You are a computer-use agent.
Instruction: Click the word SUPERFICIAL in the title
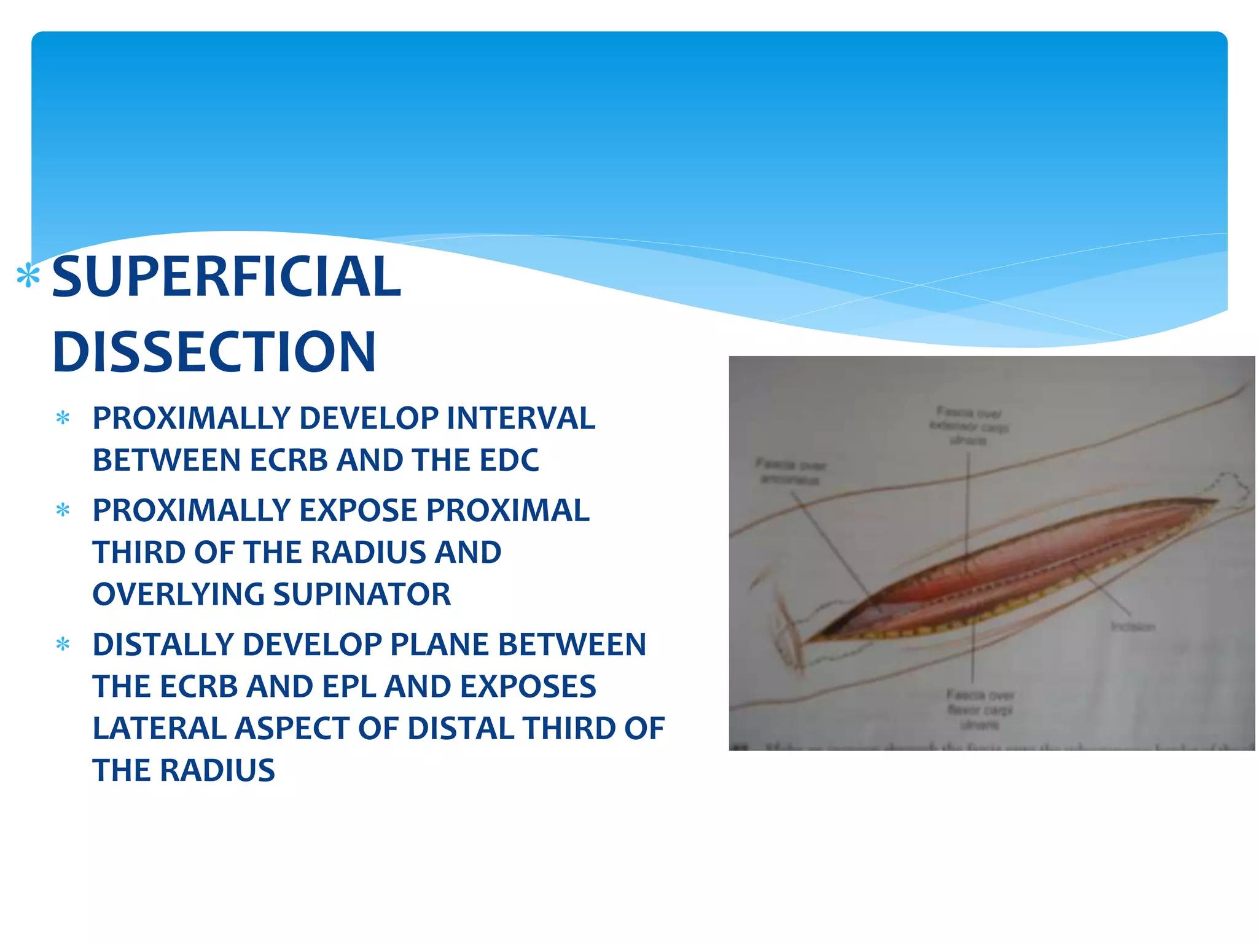click(x=226, y=277)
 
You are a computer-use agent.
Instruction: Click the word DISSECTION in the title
click(x=214, y=352)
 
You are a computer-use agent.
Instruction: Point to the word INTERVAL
click(x=521, y=418)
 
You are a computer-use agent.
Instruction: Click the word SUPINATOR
click(x=362, y=594)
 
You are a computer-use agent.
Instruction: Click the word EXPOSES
click(x=528, y=686)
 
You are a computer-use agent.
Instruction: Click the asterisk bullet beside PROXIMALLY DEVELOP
click(x=63, y=419)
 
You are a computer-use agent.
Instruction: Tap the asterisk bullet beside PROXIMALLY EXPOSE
click(x=63, y=510)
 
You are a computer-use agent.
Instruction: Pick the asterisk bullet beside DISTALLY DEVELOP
click(x=63, y=645)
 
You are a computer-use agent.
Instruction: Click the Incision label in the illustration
click(x=1133, y=627)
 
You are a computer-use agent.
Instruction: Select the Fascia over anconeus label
click(x=790, y=471)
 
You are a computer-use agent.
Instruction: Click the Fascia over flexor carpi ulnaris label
click(x=980, y=710)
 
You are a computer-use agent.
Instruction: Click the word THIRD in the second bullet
click(x=139, y=552)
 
